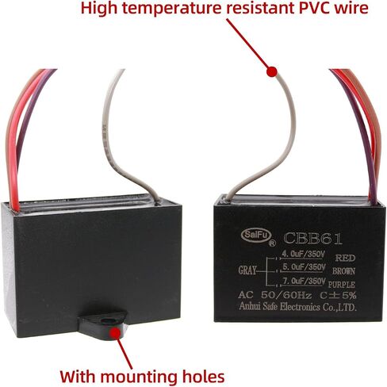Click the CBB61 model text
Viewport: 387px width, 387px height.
click(x=312, y=239)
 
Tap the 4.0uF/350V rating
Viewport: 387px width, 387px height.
click(x=303, y=254)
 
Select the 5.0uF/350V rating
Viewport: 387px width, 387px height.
click(x=304, y=267)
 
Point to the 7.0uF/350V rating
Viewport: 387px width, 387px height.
click(x=304, y=281)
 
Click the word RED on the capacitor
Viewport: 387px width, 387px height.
click(x=345, y=258)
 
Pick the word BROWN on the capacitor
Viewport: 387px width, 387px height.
click(x=343, y=271)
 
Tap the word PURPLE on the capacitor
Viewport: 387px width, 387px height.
click(x=342, y=285)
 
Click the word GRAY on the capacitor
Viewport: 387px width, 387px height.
click(x=247, y=270)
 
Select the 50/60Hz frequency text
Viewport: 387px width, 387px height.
click(x=286, y=295)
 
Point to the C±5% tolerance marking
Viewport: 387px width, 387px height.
click(x=338, y=295)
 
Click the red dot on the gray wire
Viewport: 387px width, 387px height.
click(x=272, y=71)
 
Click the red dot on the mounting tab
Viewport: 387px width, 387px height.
click(x=115, y=333)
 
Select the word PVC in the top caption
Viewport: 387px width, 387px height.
click(x=313, y=8)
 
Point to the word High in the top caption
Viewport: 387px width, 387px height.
click(x=99, y=9)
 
